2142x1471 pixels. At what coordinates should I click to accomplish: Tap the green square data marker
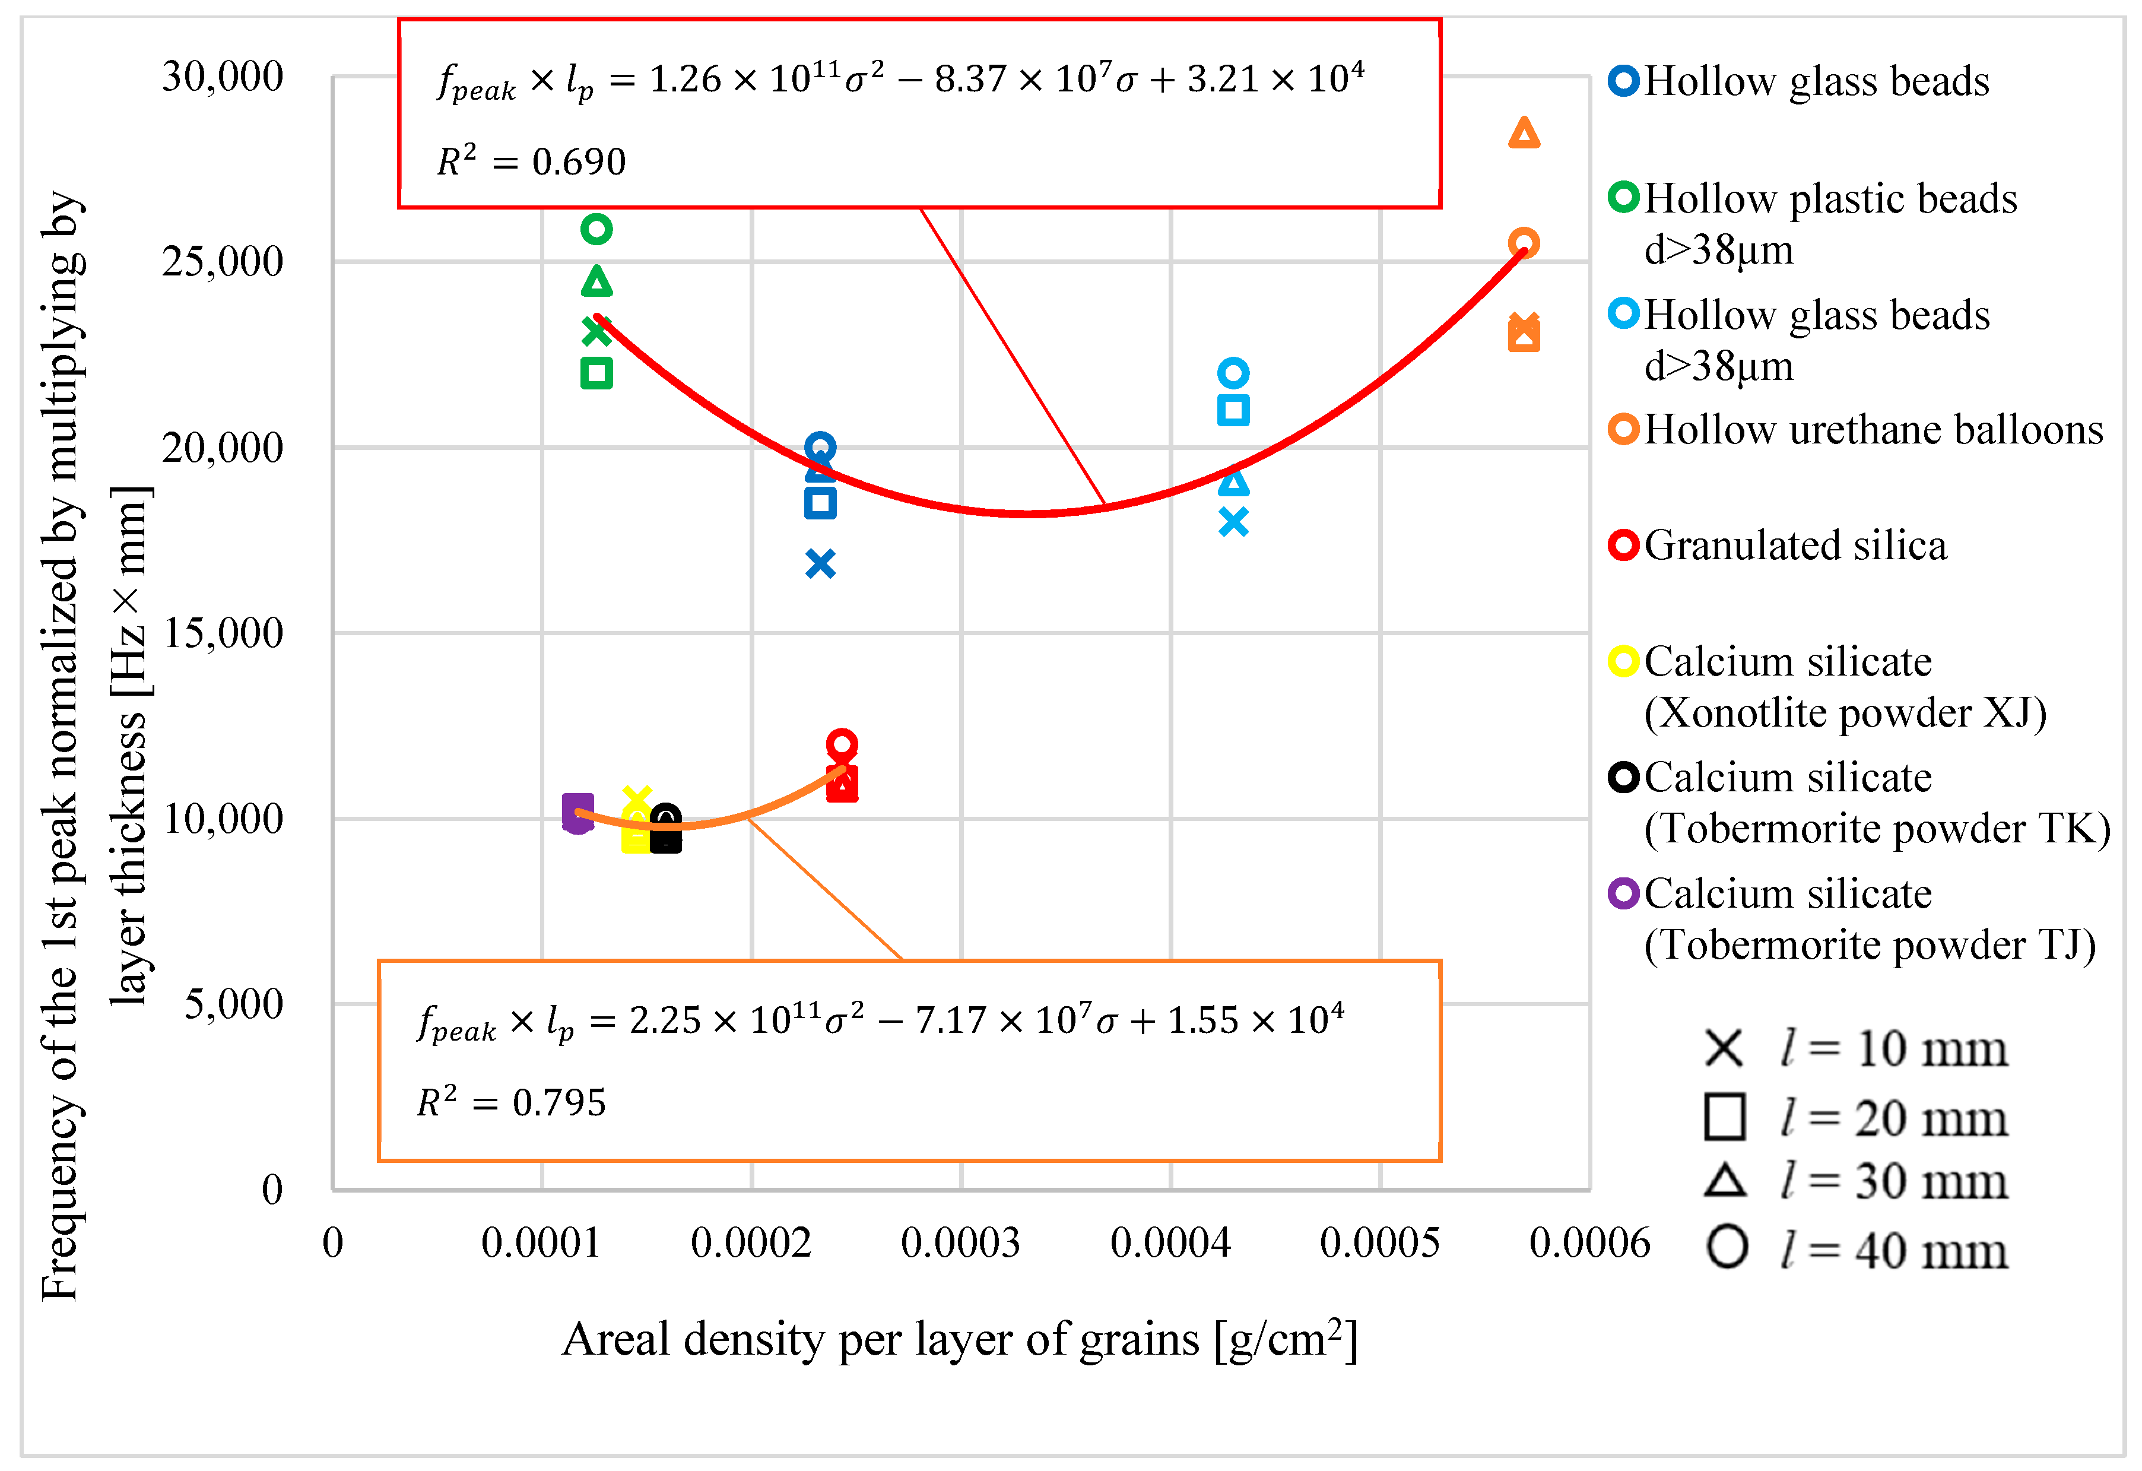(x=596, y=373)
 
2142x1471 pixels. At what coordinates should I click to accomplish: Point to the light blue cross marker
(x=1233, y=522)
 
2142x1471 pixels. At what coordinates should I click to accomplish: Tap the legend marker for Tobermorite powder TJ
(x=1623, y=893)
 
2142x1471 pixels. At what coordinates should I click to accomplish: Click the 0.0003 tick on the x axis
(x=960, y=1242)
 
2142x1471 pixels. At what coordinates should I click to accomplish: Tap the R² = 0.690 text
(x=532, y=161)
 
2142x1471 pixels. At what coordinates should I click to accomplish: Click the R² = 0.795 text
(x=512, y=1102)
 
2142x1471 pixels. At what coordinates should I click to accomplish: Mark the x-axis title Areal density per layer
(x=960, y=1339)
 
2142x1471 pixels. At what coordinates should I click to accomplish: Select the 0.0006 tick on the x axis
(x=1589, y=1242)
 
